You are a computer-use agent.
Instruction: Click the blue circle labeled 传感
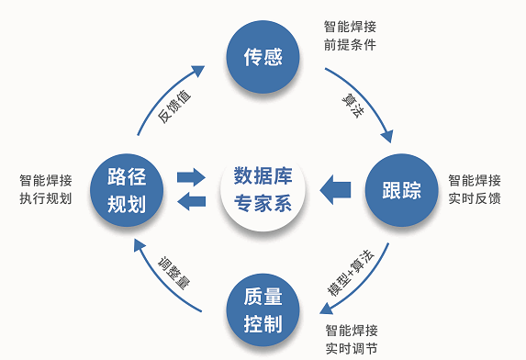coord(263,58)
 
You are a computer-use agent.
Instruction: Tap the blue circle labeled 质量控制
coord(263,309)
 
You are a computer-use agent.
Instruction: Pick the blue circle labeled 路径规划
coord(127,190)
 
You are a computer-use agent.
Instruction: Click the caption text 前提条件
coord(350,44)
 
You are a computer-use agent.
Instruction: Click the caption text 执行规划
coord(45,198)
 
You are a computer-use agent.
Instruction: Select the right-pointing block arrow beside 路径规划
coord(191,174)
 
